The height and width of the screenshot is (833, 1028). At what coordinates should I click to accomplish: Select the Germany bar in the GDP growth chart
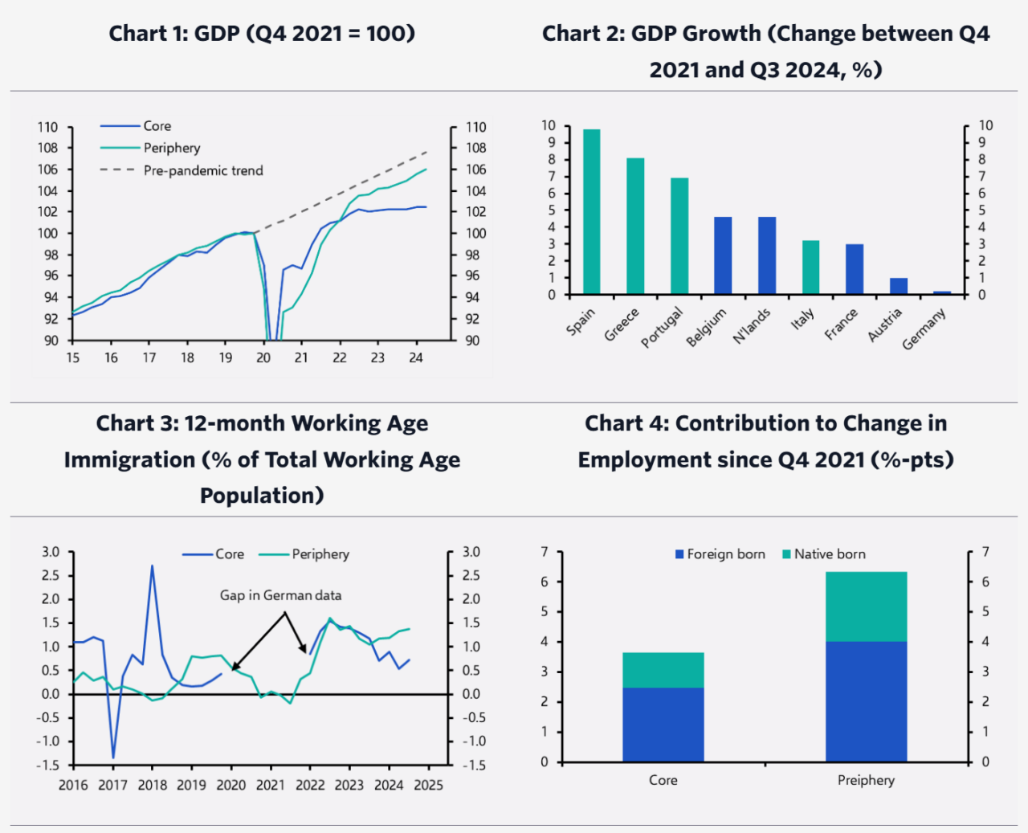pos(942,292)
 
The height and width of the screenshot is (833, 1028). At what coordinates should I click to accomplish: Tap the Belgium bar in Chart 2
pos(723,255)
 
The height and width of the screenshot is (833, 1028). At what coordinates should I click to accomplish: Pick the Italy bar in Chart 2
pos(810,267)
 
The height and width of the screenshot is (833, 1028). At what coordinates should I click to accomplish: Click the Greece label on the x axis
pos(622,325)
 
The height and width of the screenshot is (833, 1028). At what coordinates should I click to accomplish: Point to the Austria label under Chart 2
pos(885,325)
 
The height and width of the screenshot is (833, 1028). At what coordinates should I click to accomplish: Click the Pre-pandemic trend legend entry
pos(203,170)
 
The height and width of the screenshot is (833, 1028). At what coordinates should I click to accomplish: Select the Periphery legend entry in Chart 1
pos(172,148)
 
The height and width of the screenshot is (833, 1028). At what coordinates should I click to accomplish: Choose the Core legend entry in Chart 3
pos(229,554)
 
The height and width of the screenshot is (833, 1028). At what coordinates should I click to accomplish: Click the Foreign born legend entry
pos(726,554)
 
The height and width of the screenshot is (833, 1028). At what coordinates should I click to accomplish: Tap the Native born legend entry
pos(830,554)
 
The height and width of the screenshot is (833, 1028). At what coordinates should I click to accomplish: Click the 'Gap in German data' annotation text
pos(280,595)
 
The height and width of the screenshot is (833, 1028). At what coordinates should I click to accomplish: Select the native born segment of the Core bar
pos(663,670)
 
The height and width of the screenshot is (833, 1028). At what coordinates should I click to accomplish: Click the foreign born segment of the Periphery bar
pos(866,700)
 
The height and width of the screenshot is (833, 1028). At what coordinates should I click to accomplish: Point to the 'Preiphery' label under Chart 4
pos(866,780)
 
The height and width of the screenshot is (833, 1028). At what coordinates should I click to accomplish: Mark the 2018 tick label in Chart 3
pos(153,785)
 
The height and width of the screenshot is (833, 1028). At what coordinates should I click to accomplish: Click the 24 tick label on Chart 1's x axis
pos(416,358)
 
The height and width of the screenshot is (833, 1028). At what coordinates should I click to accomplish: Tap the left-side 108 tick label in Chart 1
pos(47,148)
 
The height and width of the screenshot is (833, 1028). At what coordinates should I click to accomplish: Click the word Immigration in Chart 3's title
pos(129,459)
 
